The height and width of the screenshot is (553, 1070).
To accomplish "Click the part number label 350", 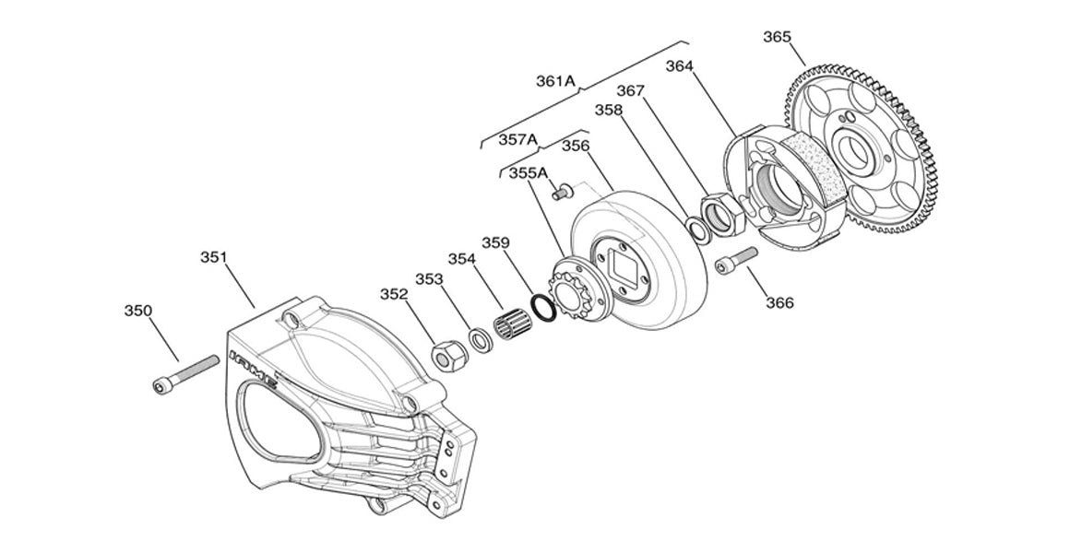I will point(138,311).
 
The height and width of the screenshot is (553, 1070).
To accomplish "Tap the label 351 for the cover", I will point(214,258).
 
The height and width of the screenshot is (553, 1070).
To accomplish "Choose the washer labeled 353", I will point(481,339).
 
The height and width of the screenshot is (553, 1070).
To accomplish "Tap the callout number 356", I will point(576,146).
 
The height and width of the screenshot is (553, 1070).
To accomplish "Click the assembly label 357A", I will point(517,139).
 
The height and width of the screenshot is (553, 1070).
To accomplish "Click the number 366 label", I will point(778,301).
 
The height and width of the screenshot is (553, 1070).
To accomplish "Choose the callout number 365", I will point(777,37).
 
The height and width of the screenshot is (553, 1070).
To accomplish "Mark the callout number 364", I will point(681,66).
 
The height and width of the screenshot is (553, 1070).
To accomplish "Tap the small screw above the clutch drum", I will point(560,191).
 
